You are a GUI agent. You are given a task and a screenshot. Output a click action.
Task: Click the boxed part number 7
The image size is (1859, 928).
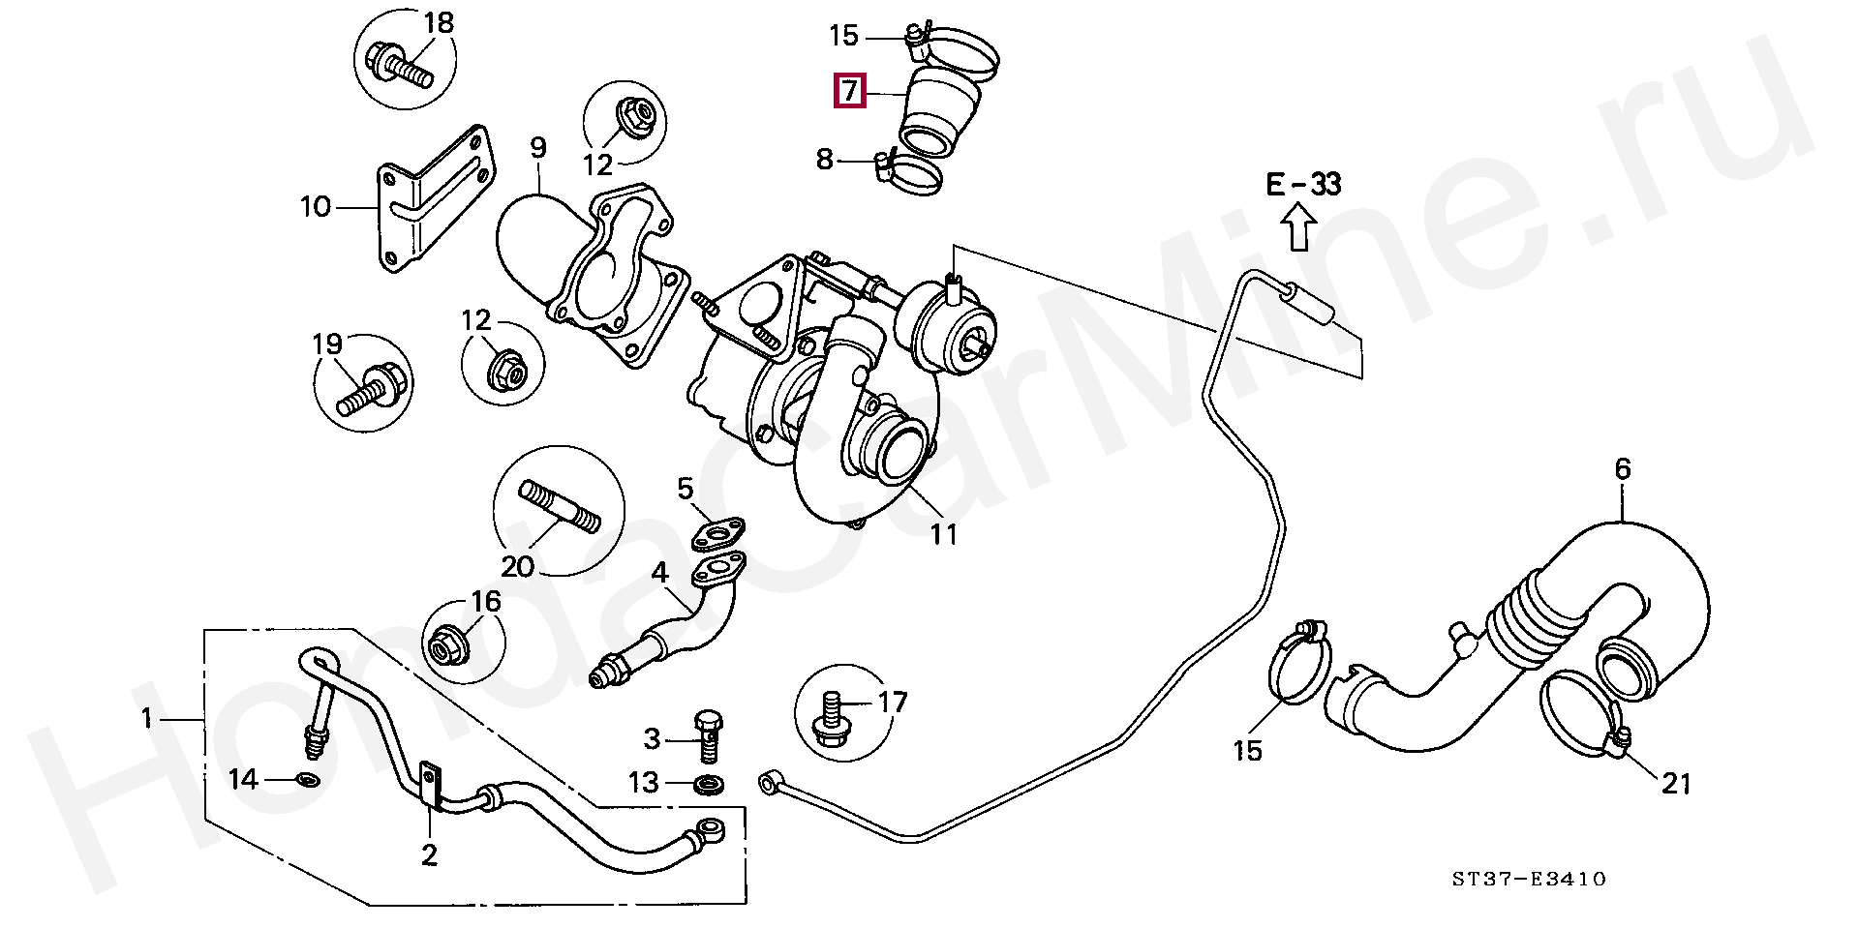click(x=849, y=91)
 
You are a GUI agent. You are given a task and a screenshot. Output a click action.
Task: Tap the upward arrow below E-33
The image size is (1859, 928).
click(x=1298, y=231)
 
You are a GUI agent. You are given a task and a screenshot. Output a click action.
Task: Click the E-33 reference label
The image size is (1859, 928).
click(x=1303, y=184)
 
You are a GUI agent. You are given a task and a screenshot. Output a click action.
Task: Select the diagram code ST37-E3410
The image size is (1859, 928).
click(x=1529, y=879)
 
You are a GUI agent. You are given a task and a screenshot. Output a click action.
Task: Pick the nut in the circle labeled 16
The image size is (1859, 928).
click(x=446, y=643)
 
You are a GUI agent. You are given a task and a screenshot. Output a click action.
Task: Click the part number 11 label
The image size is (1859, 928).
click(x=943, y=534)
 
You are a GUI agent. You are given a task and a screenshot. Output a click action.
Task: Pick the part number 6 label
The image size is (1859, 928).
click(x=1623, y=469)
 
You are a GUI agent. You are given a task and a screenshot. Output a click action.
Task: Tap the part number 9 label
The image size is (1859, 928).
click(x=538, y=148)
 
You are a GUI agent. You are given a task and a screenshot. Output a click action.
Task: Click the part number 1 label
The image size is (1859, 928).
click(x=147, y=718)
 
